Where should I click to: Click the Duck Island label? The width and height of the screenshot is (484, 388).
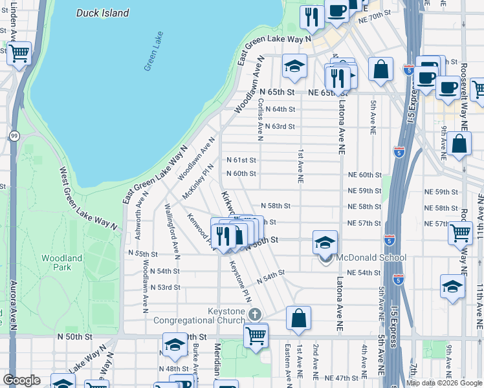tap(102, 13)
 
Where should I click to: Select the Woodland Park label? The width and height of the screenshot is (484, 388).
tap(61, 263)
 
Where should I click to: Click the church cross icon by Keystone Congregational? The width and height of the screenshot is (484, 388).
tap(256, 314)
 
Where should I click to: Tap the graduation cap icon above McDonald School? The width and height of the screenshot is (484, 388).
tap(325, 242)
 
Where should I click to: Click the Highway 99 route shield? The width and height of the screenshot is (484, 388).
tap(14, 136)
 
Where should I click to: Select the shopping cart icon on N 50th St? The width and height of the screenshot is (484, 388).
tap(256, 334)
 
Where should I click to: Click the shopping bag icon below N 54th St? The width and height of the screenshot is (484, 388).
tap(298, 318)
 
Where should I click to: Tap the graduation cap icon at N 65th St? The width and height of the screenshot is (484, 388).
tap(294, 66)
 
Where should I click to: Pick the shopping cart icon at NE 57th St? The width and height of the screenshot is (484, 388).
tap(459, 232)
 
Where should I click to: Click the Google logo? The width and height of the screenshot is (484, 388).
tap(21, 380)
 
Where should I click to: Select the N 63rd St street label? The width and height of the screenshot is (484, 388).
tap(280, 127)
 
